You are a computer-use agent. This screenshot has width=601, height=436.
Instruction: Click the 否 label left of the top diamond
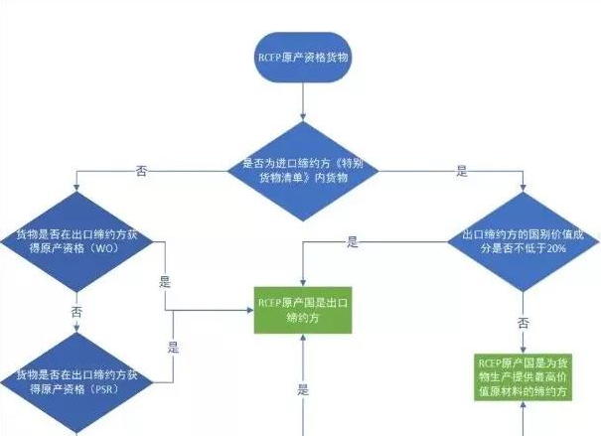pos(142,171)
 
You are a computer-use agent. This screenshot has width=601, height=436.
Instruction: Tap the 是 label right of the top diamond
pos(461,171)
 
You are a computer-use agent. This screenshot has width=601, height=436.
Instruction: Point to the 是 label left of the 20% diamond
pos(353,241)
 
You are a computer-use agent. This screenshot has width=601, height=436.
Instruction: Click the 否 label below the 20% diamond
pos(523,323)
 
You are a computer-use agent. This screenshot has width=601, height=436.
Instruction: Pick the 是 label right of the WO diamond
pos(164,282)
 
